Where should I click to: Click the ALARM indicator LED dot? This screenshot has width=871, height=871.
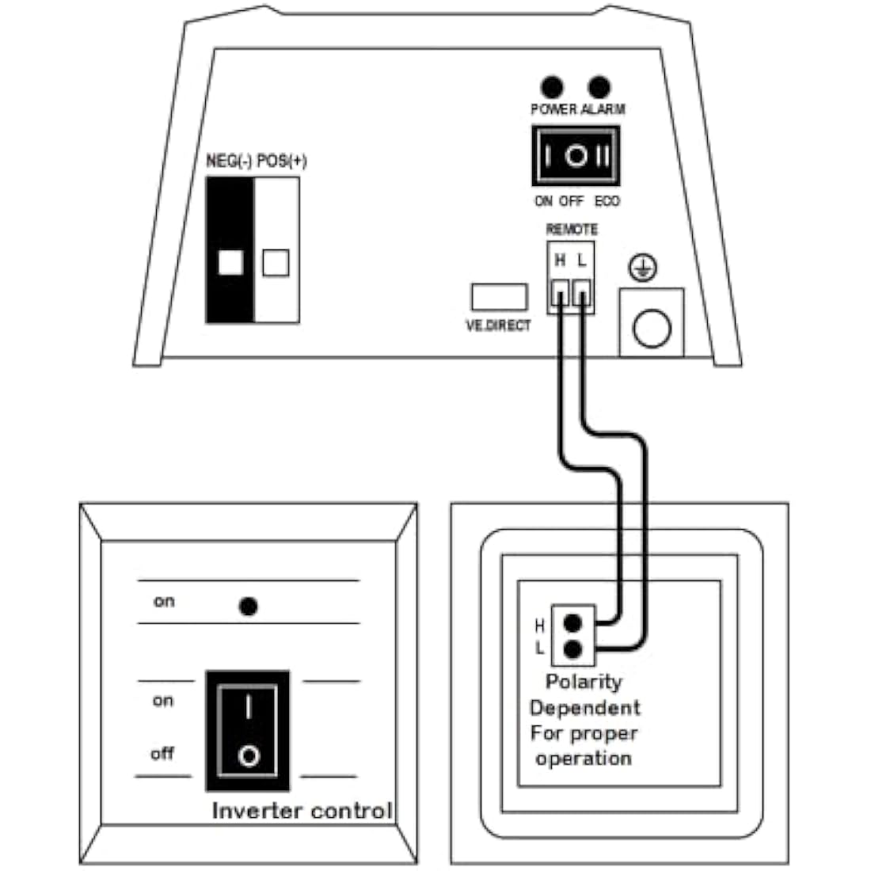[x=600, y=86]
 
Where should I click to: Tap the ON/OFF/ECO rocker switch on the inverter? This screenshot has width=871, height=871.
[x=576, y=156]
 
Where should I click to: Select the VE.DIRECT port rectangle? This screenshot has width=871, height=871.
[x=499, y=297]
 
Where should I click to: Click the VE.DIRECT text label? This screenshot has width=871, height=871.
[x=498, y=325]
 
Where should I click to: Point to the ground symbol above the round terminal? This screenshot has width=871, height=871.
[x=642, y=269]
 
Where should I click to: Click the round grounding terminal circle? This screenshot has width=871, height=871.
[x=652, y=328]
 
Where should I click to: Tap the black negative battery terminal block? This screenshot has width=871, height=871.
[x=230, y=250]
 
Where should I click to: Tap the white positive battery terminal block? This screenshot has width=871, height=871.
[x=276, y=250]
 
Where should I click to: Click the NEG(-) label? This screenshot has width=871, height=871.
[x=229, y=161]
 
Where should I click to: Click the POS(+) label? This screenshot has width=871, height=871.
[x=282, y=161]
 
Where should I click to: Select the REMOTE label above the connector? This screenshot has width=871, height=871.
[x=572, y=229]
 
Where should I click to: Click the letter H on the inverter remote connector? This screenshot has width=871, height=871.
[x=560, y=260]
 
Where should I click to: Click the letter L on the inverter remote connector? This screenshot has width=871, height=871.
[x=582, y=260]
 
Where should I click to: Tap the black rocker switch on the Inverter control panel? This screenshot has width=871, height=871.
[x=248, y=730]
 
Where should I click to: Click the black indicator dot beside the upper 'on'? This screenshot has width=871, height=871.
[x=249, y=607]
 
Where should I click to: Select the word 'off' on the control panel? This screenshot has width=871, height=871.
[x=162, y=753]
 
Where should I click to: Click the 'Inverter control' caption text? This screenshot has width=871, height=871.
[x=302, y=811]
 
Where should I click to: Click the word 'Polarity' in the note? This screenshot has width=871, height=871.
[x=584, y=682]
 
